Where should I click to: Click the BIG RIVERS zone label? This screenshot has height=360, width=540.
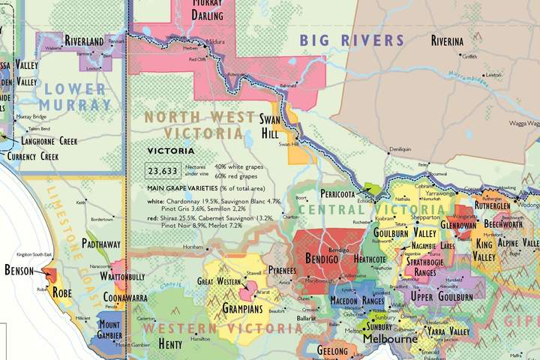pos(352,40)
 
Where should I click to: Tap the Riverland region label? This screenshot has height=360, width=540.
pos(84,40)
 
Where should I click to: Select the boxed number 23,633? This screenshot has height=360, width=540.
pos(163,171)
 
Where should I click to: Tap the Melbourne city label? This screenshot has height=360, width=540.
pos(390,339)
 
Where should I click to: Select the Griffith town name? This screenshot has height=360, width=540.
pos(469,56)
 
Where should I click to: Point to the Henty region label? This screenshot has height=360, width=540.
pos(170,344)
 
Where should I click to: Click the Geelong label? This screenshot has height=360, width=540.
pos(332,350)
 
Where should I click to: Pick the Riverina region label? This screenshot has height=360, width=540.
pos(446,41)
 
